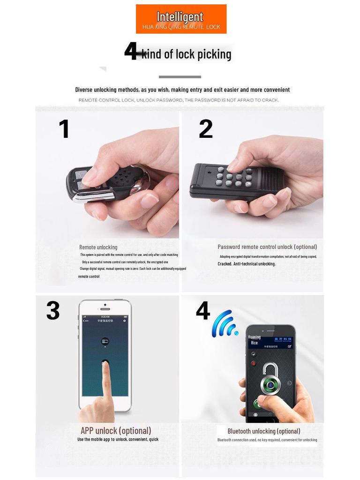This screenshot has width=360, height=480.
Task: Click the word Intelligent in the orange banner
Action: pos(180,17)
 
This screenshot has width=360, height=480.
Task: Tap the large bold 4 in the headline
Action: pos(131,51)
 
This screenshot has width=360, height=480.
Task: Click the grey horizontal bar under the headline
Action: pos(180,77)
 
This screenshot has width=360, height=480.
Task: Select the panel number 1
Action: pos(64,129)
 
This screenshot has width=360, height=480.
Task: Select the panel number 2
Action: pos(206,129)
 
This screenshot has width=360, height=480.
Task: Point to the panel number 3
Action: pos(53,311)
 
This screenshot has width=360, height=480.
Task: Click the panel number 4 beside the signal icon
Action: pos(202,311)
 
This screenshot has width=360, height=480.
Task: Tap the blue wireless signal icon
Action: pos(224,324)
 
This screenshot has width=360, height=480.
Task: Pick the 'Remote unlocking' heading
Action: pos(98,247)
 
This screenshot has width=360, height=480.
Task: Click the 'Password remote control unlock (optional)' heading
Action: pos(267,247)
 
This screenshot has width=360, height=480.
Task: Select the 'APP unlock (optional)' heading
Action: pos(116,430)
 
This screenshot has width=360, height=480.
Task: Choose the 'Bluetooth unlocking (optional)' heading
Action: pos(264,431)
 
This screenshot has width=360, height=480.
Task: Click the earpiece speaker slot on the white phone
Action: pos(105,309)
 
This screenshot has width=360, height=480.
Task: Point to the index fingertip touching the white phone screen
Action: pos(105,365)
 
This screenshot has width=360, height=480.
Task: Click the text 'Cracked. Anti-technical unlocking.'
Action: pos(247,264)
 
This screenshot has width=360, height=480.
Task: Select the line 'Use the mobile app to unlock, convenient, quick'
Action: pos(118,440)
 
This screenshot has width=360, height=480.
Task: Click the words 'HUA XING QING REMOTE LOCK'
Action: pos(181,27)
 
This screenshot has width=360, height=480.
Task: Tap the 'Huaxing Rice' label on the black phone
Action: pos(254,340)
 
